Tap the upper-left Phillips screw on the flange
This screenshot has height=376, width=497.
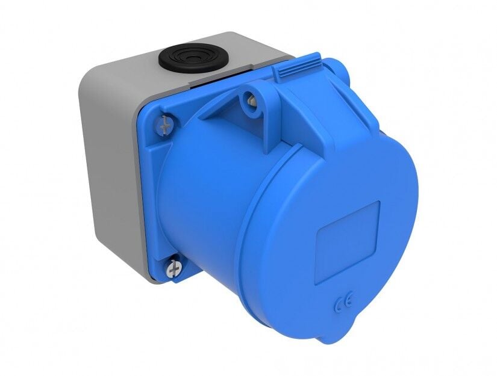tap(166, 125)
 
